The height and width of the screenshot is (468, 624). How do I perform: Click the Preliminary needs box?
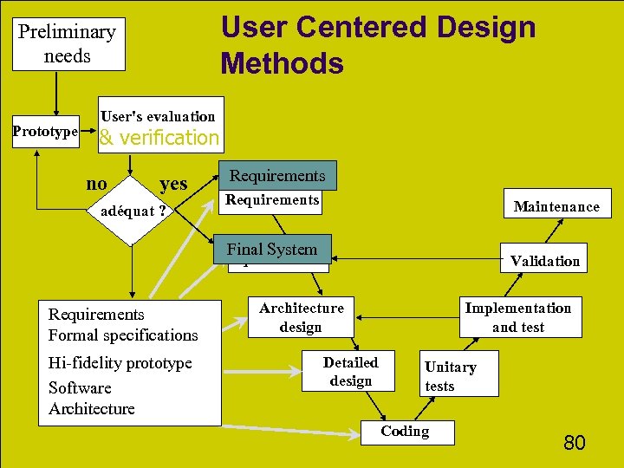pyautogui.click(x=68, y=44)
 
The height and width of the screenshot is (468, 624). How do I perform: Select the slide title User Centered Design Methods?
pyautogui.click(x=378, y=45)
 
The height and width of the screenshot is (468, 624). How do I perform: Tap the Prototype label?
pyautogui.click(x=44, y=132)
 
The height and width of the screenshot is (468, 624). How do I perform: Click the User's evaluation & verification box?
pyautogui.click(x=160, y=127)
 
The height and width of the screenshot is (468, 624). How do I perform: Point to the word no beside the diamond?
pyautogui.click(x=97, y=183)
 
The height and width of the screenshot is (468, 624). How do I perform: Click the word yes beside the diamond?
pyautogui.click(x=173, y=183)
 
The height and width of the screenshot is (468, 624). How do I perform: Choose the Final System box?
pyautogui.click(x=272, y=250)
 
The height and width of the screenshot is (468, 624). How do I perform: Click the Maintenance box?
pyautogui.click(x=556, y=206)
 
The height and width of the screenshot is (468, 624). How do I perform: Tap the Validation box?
pyautogui.click(x=545, y=261)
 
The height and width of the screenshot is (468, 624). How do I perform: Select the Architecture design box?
pyautogui.click(x=302, y=317)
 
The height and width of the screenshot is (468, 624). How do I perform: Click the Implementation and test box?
pyautogui.click(x=518, y=317)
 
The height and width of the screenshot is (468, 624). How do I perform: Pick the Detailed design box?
pyautogui.click(x=351, y=371)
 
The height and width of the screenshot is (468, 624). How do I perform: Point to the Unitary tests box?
pyautogui.click(x=451, y=376)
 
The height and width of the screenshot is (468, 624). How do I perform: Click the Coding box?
pyautogui.click(x=406, y=432)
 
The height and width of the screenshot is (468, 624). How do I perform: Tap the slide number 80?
pyautogui.click(x=575, y=443)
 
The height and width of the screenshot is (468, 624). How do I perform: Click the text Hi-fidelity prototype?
pyautogui.click(x=120, y=362)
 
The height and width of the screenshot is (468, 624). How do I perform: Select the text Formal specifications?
pyautogui.click(x=123, y=335)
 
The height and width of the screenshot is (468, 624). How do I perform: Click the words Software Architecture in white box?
pyautogui.click(x=92, y=398)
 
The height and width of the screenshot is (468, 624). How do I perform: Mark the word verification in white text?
pyautogui.click(x=170, y=137)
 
